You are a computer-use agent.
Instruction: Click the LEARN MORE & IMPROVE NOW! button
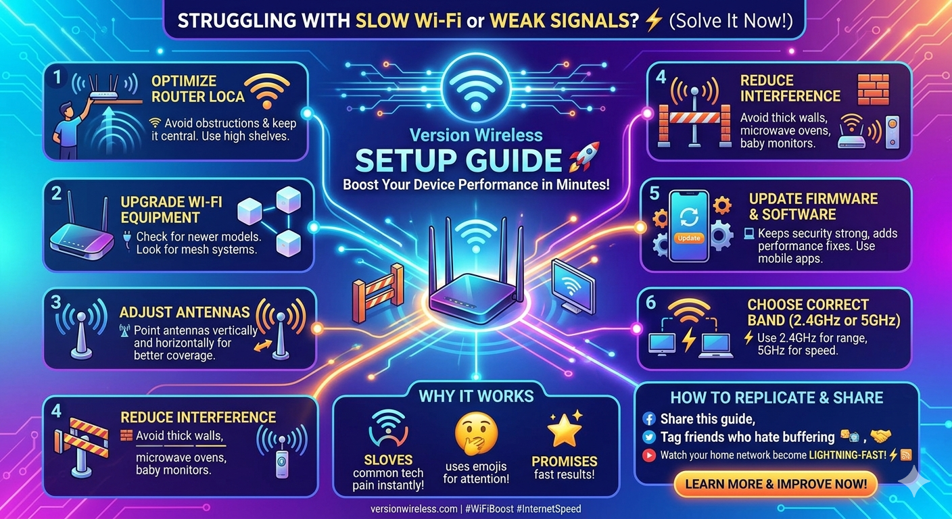pyautogui.click(x=776, y=484)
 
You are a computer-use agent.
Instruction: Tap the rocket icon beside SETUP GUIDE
pyautogui.click(x=585, y=157)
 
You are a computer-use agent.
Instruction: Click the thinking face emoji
pyautogui.click(x=476, y=434)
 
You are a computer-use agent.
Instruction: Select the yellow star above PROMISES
pyautogui.click(x=565, y=429)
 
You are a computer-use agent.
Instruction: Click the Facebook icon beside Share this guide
pyautogui.click(x=649, y=419)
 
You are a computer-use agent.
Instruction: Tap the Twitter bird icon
pyautogui.click(x=649, y=437)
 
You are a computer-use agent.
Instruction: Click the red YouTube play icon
pyautogui.click(x=649, y=455)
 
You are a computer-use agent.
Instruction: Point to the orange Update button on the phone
pyautogui.click(x=689, y=238)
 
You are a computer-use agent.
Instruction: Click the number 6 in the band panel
pyautogui.click(x=650, y=302)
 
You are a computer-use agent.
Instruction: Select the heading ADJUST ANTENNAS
pyautogui.click(x=185, y=312)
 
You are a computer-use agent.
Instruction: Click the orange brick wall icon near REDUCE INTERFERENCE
pyautogui.click(x=873, y=89)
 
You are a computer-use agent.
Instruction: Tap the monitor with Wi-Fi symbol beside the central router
pyautogui.click(x=573, y=286)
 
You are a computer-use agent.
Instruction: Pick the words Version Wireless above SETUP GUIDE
pyautogui.click(x=476, y=135)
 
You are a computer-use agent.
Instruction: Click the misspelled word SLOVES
pyautogui.click(x=389, y=460)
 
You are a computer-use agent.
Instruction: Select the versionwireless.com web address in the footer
pyautogui.click(x=414, y=509)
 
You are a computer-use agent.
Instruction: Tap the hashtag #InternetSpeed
pyautogui.click(x=548, y=509)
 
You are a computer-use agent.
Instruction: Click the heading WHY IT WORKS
pyautogui.click(x=476, y=396)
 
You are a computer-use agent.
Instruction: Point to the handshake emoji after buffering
pyautogui.click(x=880, y=436)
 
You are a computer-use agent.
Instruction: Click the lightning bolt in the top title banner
pyautogui.click(x=653, y=20)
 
